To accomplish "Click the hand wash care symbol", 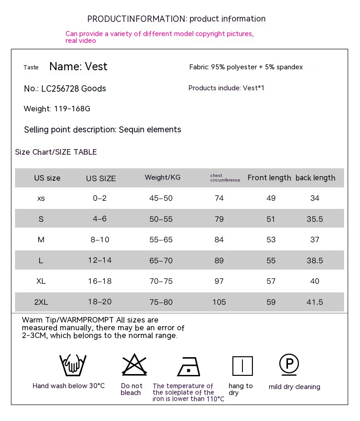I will pyautogui.click(x=73, y=365).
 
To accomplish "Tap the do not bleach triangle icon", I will pyautogui.click(x=134, y=364).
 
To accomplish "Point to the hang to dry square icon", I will pyautogui.click(x=242, y=366).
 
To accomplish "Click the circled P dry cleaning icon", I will pyautogui.click(x=289, y=364).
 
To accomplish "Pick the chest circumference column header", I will pyautogui.click(x=225, y=178).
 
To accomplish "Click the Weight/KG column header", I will pyautogui.click(x=163, y=177).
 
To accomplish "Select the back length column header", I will pyautogui.click(x=315, y=178).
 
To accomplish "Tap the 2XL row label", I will pyautogui.click(x=41, y=302).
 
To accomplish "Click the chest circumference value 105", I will pyautogui.click(x=219, y=302).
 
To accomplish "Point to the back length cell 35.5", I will pyautogui.click(x=315, y=219).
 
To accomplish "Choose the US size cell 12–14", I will pyautogui.click(x=100, y=260).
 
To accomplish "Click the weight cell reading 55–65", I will pyautogui.click(x=161, y=239).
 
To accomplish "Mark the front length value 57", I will pyautogui.click(x=271, y=281).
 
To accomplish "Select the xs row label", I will pyautogui.click(x=41, y=198).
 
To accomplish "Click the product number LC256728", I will pyautogui.click(x=60, y=88).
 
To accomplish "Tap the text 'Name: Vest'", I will pyautogui.click(x=78, y=67).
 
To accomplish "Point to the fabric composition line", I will pyautogui.click(x=246, y=67).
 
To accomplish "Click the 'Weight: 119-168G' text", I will pyautogui.click(x=57, y=109).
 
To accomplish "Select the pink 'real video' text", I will pyautogui.click(x=81, y=41).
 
